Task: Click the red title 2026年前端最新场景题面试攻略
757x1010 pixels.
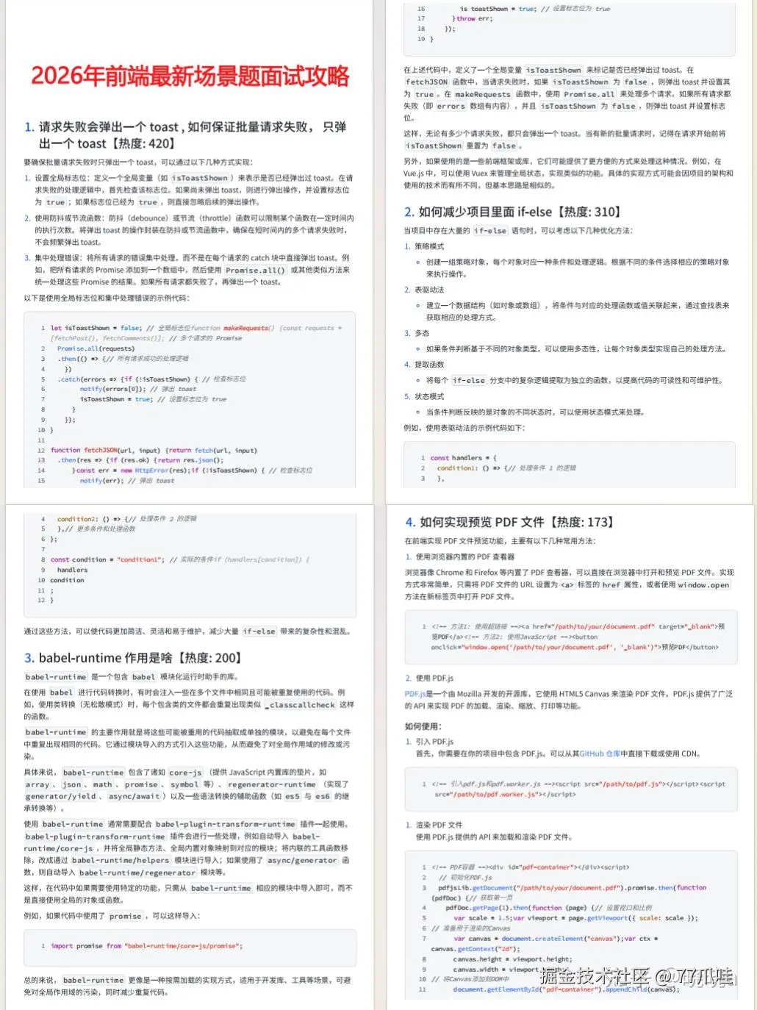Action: click(190, 76)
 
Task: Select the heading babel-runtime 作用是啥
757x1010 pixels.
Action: click(132, 658)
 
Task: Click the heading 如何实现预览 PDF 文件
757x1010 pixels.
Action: click(509, 522)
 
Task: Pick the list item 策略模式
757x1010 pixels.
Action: click(429, 246)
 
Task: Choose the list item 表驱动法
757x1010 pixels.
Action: click(429, 290)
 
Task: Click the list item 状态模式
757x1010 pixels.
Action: click(429, 396)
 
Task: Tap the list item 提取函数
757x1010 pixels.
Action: click(429, 365)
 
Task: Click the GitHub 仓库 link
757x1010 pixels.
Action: click(600, 753)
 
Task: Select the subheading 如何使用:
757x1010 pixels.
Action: click(423, 726)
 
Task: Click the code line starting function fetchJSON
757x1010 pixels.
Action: click(154, 450)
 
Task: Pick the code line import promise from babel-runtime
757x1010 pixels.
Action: click(146, 946)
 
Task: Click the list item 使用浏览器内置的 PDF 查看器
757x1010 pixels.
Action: click(464, 556)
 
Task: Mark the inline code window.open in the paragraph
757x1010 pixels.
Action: click(703, 585)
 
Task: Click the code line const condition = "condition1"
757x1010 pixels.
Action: click(107, 559)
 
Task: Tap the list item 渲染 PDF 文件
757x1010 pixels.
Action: click(439, 825)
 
